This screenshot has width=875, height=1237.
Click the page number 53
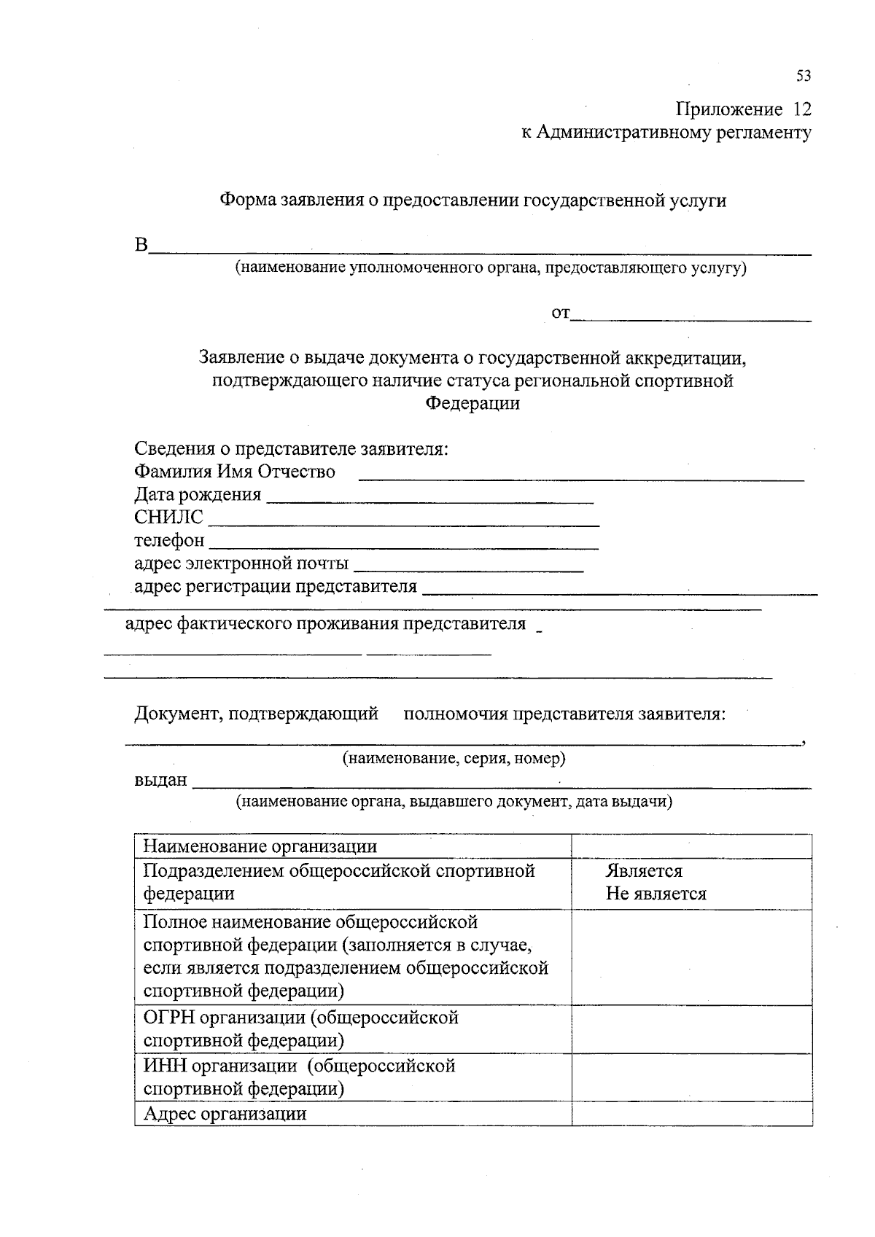coord(803,76)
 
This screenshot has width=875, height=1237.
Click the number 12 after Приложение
coord(801,109)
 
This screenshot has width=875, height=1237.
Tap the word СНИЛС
coord(168,518)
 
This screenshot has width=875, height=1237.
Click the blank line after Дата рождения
coord(430,500)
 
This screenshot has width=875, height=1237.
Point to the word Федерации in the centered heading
coord(472,403)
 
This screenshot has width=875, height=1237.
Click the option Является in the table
coord(644,871)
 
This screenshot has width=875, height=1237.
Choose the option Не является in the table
coord(656,894)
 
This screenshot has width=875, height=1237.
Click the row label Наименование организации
coord(260,846)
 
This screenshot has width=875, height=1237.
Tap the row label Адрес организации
coord(225,1114)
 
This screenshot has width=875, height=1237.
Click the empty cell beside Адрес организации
coord(691,1114)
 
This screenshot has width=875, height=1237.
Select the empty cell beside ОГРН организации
coord(691,1029)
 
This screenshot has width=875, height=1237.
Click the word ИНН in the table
coord(166,1066)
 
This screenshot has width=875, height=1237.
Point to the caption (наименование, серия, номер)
coord(454,758)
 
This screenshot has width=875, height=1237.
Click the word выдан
coord(160,780)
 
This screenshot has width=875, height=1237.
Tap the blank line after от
coord(691,318)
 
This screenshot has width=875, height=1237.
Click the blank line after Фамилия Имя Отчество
coord(581,479)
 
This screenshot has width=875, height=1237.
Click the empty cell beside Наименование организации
coord(691,846)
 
